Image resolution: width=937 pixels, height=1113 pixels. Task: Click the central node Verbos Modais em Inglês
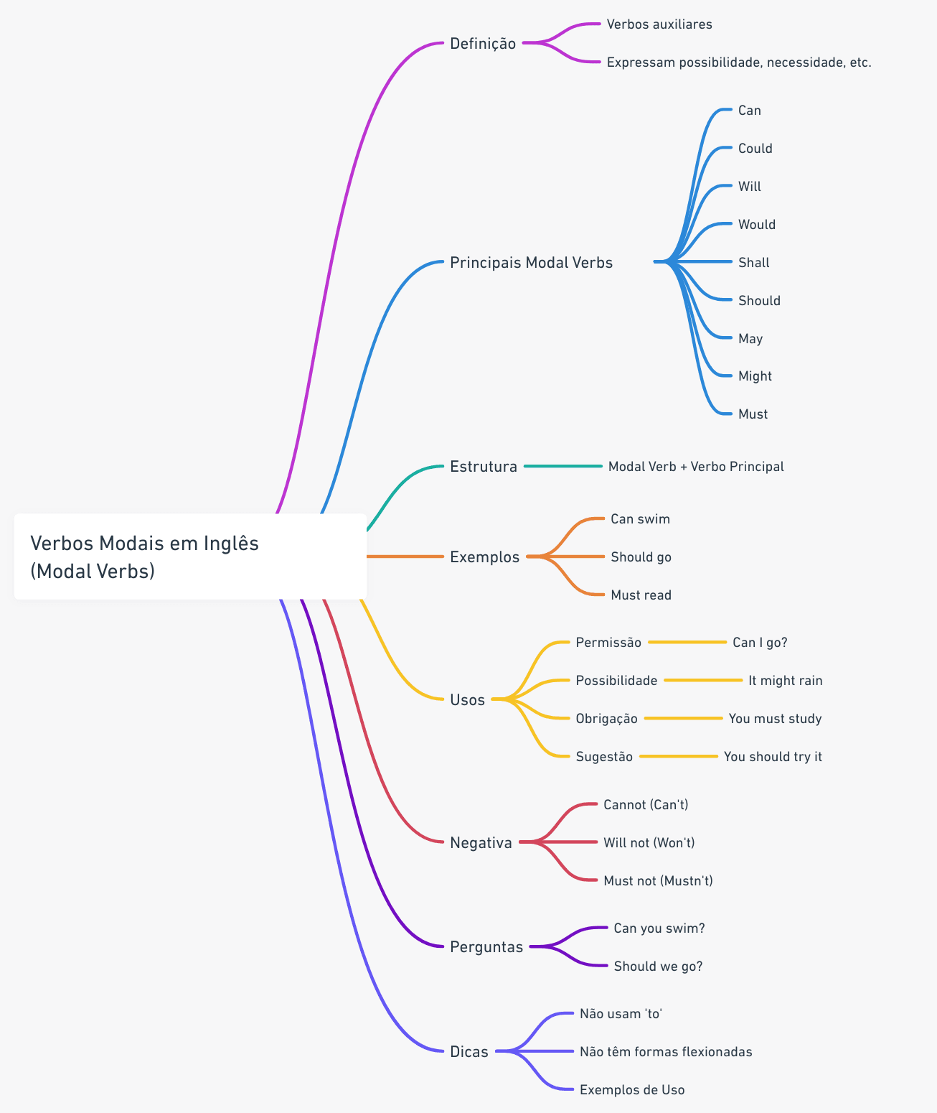tap(190, 556)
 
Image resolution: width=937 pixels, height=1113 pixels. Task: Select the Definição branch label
tap(483, 44)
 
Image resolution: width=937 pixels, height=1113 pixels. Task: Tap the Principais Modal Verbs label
tap(531, 262)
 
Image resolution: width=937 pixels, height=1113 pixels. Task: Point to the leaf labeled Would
tap(756, 225)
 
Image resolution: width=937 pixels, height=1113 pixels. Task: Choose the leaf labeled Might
tap(755, 376)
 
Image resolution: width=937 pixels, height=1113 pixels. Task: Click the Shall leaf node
tap(754, 262)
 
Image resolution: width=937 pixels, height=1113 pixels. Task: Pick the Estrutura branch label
tap(483, 467)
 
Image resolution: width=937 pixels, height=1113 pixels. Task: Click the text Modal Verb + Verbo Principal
tap(696, 467)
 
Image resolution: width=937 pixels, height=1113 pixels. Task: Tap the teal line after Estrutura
tap(563, 467)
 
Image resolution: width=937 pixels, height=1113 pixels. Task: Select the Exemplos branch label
tap(484, 556)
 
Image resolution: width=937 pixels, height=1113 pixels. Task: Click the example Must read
tap(641, 595)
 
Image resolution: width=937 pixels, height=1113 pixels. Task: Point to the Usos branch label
tap(467, 699)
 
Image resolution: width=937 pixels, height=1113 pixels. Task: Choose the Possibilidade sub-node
tap(616, 680)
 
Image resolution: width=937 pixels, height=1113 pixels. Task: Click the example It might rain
tap(785, 680)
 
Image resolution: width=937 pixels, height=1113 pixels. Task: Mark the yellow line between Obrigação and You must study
tap(684, 718)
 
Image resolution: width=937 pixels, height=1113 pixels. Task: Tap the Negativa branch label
tap(481, 842)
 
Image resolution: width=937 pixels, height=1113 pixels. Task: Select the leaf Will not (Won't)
tap(649, 842)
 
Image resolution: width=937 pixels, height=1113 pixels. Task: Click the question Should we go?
tap(658, 966)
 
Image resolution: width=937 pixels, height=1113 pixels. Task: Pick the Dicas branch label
tap(468, 1051)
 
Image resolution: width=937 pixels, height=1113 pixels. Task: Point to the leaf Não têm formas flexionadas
tap(666, 1051)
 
